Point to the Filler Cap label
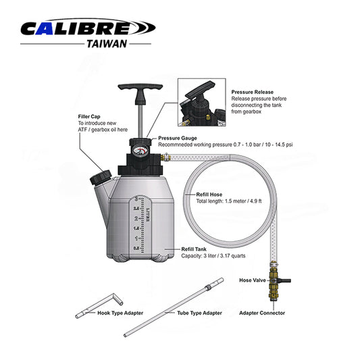coord(91,117)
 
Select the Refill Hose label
coord(209,194)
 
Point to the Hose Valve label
coord(253,280)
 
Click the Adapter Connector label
coord(262,313)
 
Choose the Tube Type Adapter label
coord(199,313)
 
